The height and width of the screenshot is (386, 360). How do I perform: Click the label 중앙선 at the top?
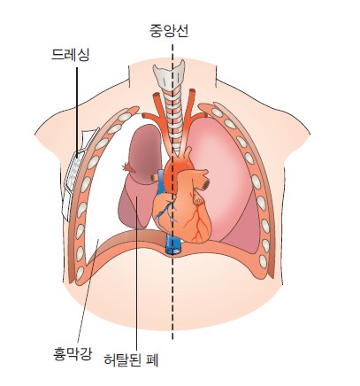click(169, 31)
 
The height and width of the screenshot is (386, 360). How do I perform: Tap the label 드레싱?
click(70, 55)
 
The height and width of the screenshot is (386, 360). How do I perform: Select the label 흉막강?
click(73, 353)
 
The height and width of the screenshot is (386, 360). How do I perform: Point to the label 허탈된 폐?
click(132, 359)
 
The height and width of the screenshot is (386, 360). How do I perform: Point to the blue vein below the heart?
click(173, 246)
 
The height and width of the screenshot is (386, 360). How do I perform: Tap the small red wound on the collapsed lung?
click(128, 168)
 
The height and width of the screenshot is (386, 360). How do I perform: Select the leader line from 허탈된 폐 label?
click(137, 273)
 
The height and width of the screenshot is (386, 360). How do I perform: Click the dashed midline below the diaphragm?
click(172, 297)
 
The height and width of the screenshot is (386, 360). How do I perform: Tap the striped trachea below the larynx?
click(173, 121)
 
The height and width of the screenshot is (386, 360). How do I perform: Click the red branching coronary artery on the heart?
click(197, 221)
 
